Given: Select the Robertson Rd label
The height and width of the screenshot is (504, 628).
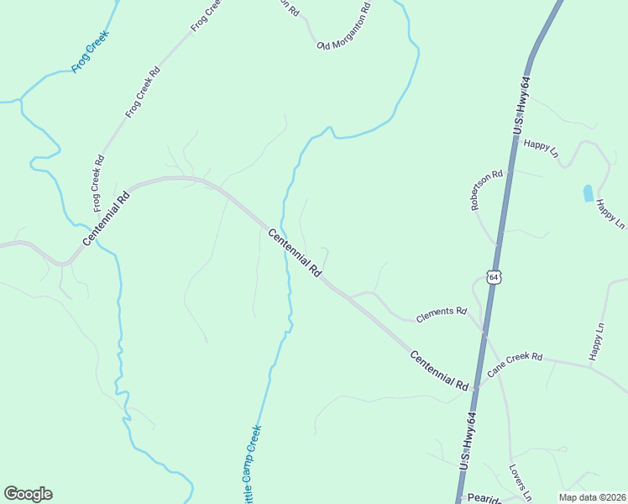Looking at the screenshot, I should pos(486,190).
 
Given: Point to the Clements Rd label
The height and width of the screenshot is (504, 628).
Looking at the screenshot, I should pos(441,315).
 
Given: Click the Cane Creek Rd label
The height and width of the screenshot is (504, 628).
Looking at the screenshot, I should pos(515,363).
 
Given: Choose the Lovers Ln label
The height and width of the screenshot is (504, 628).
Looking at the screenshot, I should pos(521,482).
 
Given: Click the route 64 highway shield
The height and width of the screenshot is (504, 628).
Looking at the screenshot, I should pos(494,276).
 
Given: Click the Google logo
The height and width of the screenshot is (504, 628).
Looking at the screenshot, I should pos(28,493).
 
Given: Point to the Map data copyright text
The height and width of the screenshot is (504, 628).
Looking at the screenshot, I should pos(591,497).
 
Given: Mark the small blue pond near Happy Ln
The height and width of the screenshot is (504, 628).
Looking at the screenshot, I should pos(588,192).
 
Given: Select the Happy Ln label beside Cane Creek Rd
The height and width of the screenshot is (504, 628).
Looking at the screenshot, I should pos(597,344).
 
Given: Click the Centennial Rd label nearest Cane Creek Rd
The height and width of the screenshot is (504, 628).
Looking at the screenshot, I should pos(439,370).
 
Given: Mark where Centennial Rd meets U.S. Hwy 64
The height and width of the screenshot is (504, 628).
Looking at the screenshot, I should pos(477,388).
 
